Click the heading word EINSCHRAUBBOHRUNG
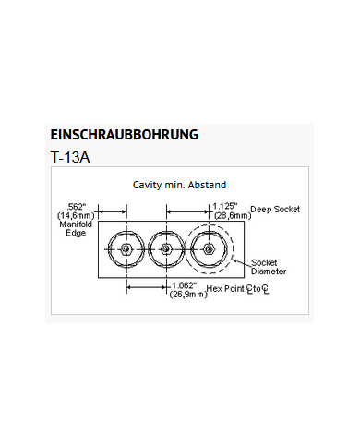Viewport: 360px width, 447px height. coord(124,134)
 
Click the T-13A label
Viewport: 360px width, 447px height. coord(71,157)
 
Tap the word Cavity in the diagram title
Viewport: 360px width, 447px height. coord(150,185)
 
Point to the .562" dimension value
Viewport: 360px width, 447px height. coord(77,206)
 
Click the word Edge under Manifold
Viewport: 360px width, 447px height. coord(75,233)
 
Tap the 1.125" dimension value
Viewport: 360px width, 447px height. coord(225,206)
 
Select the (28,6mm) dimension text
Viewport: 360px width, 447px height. coord(225,215)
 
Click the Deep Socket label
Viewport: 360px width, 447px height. coord(275,210)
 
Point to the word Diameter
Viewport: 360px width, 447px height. coord(269,272)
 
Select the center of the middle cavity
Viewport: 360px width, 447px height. coord(165,249)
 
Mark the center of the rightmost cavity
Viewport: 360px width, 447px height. coord(209,249)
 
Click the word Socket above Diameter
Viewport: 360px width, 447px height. coord(265,263)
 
